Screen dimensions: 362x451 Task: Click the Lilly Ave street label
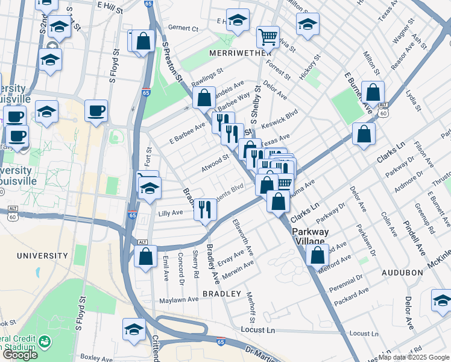click(x=170, y=213)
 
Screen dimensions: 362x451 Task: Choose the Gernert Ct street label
click(x=183, y=28)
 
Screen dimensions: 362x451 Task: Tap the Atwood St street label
click(x=215, y=163)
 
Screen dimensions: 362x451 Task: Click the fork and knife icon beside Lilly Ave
click(x=206, y=210)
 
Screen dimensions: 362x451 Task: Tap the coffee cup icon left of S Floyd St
click(x=96, y=110)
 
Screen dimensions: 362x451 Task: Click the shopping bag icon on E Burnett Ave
click(x=373, y=92)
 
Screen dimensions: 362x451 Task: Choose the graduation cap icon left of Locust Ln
click(x=134, y=329)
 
